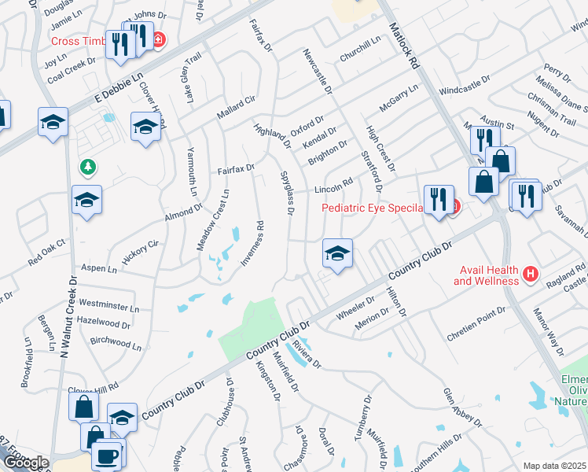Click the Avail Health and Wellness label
click(x=487, y=275)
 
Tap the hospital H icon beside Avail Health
click(x=531, y=275)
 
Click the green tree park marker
click(x=87, y=167)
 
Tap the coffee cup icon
click(x=106, y=455)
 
